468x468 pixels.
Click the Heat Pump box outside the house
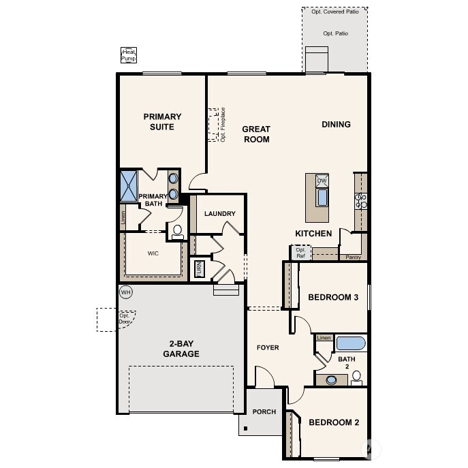[x=129, y=55]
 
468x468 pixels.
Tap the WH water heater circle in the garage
[x=125, y=292]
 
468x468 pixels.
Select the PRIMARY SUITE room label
[x=162, y=122]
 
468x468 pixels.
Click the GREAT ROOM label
[x=256, y=134]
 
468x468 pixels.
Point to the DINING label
[x=336, y=125]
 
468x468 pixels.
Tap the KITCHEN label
[x=313, y=234]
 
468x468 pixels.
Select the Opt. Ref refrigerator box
[x=300, y=253]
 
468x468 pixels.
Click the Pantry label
[x=353, y=258]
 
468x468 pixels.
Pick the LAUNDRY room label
[x=219, y=214]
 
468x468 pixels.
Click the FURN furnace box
[x=200, y=268]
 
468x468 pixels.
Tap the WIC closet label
[x=153, y=253]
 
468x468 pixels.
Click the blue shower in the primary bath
[x=129, y=185]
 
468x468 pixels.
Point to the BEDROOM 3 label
[x=333, y=297]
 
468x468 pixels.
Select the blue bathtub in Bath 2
[x=351, y=343]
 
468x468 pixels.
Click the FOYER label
[x=268, y=348]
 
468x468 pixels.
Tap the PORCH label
[x=264, y=412]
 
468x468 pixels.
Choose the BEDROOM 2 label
[x=333, y=422]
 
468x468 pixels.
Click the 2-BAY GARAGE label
[x=181, y=349]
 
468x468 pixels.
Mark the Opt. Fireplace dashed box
[x=215, y=123]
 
